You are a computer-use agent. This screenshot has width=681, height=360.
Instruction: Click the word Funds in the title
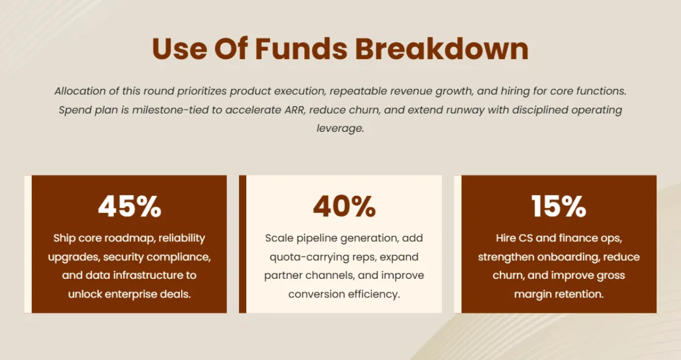click(301, 49)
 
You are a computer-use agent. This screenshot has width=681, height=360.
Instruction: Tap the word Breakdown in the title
click(442, 49)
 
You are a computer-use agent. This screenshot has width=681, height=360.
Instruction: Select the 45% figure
click(129, 206)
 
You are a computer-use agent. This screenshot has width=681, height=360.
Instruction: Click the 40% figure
click(344, 206)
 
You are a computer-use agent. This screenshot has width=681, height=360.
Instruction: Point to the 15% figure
click(559, 206)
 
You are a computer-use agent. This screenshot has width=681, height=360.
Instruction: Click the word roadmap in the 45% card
click(130, 238)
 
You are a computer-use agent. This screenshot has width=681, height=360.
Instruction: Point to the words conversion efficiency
click(344, 294)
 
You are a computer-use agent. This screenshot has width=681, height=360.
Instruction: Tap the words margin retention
click(559, 294)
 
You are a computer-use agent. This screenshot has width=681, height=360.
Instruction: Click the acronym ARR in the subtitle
click(295, 110)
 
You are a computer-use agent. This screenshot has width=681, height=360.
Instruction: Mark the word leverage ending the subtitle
click(340, 128)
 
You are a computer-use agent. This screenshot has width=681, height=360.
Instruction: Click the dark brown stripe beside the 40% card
click(243, 244)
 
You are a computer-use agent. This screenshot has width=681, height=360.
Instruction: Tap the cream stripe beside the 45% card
click(28, 244)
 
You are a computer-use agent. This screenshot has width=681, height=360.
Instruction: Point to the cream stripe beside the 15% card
click(458, 244)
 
